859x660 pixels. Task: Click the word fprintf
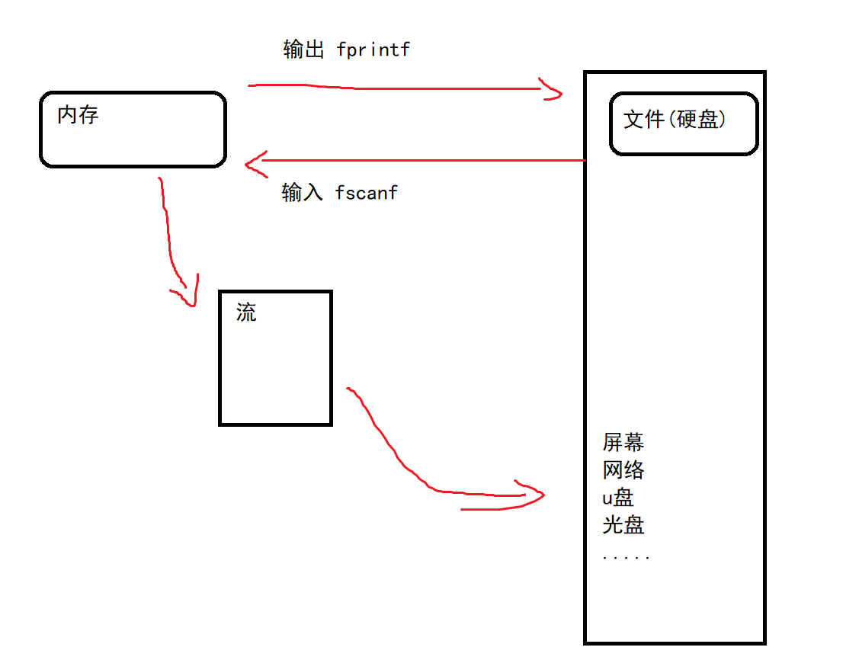pyautogui.click(x=373, y=50)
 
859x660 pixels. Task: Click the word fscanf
pyautogui.click(x=366, y=193)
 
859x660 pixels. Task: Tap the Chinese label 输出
pyautogui.click(x=303, y=50)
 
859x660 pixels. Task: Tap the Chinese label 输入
pyautogui.click(x=302, y=193)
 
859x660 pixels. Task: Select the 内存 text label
pyautogui.click(x=78, y=116)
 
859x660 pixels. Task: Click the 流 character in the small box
pyautogui.click(x=246, y=312)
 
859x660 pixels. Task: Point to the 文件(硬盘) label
pyautogui.click(x=675, y=120)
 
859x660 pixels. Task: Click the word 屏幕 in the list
pyautogui.click(x=623, y=442)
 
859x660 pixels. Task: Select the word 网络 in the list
pyautogui.click(x=623, y=469)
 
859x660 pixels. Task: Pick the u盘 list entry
pyautogui.click(x=618, y=498)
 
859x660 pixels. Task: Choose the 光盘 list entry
pyautogui.click(x=623, y=525)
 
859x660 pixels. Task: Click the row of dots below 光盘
pyautogui.click(x=626, y=558)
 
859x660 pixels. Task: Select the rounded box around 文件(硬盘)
pyautogui.click(x=684, y=141)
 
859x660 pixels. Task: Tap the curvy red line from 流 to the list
pyautogui.click(x=396, y=457)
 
